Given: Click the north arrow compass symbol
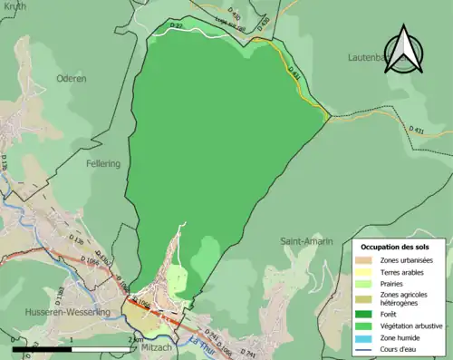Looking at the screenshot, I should point(403,52).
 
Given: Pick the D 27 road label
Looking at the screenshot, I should point(178,26).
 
